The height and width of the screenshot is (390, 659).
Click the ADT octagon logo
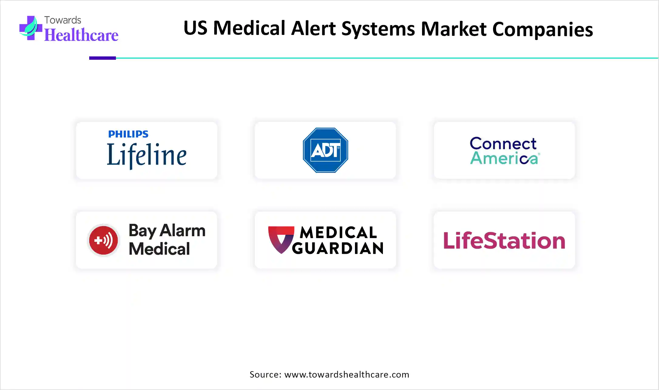325,150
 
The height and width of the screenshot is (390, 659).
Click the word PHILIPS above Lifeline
128,134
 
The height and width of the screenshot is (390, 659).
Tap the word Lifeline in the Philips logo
147,155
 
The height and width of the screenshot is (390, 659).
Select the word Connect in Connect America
503,144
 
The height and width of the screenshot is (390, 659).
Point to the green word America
504,158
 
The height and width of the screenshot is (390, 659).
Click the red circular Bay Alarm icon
103,240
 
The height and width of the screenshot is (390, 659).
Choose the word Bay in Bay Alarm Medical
142,231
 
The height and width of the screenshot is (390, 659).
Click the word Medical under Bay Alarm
159,249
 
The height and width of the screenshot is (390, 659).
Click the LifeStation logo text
504,241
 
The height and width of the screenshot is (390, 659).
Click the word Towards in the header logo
63,20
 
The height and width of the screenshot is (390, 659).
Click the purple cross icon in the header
30,28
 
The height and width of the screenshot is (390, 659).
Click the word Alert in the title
313,29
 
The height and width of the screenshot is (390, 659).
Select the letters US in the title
195,28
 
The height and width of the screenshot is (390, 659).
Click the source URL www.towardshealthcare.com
347,375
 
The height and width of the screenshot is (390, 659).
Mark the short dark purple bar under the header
103,58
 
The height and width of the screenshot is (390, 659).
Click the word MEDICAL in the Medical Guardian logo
338,233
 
